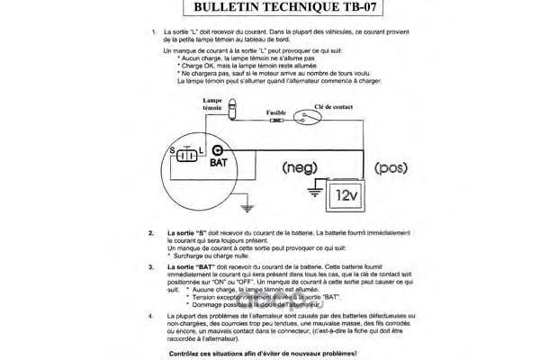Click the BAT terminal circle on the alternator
(x=217, y=152)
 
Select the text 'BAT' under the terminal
(x=219, y=165)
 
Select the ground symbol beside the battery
(x=315, y=190)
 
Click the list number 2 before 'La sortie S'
(x=151, y=232)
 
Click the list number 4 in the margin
(x=151, y=317)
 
